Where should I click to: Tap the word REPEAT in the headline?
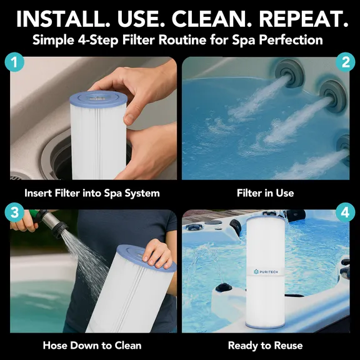(300, 19)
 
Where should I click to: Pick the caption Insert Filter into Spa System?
(92, 193)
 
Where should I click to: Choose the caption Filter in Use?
(266, 193)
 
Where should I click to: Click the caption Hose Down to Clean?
(92, 345)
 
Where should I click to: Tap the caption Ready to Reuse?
(266, 345)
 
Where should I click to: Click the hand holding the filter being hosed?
(157, 252)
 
